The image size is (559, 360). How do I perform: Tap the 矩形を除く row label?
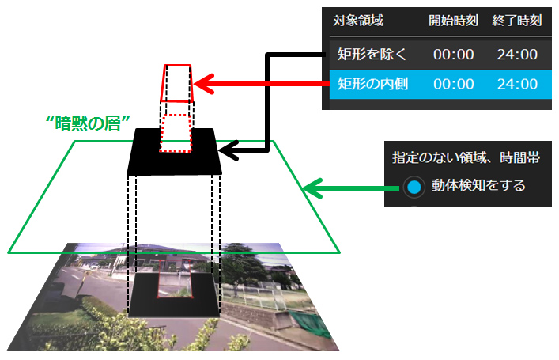(372, 55)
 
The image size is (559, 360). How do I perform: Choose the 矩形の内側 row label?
(372, 83)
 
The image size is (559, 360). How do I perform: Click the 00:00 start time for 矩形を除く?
(453, 55)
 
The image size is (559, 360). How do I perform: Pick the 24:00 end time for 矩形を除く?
(518, 55)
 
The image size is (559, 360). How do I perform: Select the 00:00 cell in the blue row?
(453, 83)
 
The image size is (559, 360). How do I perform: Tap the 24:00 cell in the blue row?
(518, 83)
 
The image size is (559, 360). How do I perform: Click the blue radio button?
(413, 188)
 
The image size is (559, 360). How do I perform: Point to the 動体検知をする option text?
(478, 187)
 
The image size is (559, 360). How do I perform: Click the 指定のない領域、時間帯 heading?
(466, 157)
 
